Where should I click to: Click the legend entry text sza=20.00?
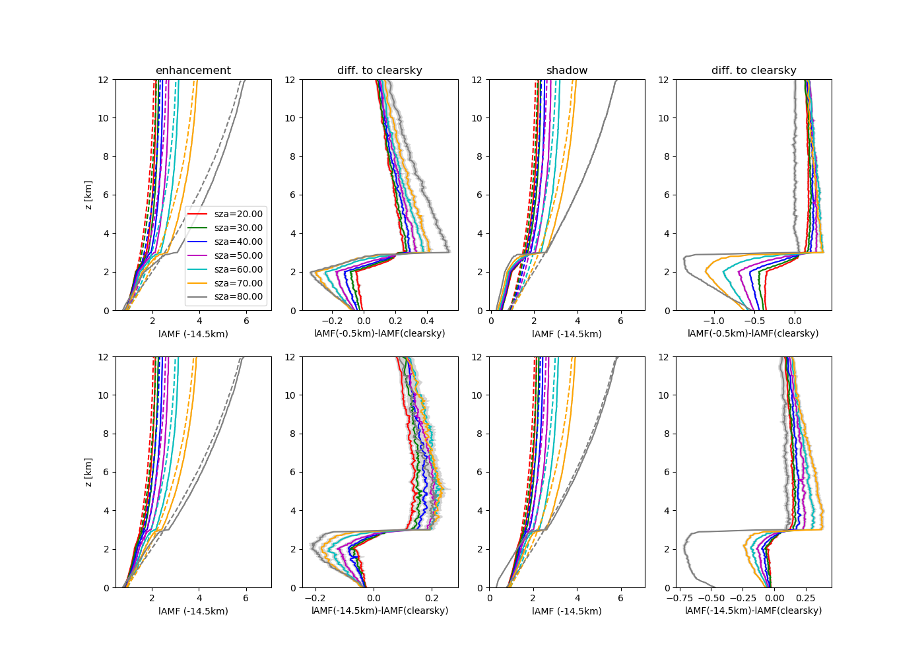coord(238,214)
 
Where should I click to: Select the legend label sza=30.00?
coord(238,228)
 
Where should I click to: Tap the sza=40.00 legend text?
coord(238,242)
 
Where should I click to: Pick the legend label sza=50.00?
coord(238,255)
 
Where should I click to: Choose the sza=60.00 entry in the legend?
coord(238,269)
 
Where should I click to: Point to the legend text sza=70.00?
coord(238,283)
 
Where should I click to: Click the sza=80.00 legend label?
coord(238,297)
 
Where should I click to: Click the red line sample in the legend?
coord(198,214)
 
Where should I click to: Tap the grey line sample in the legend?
coord(198,297)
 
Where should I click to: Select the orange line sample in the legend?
coord(198,283)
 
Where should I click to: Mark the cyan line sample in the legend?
coord(198,269)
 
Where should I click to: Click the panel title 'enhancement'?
coord(193,71)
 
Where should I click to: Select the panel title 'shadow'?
coord(567,71)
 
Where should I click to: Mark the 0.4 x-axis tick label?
coord(427,320)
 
